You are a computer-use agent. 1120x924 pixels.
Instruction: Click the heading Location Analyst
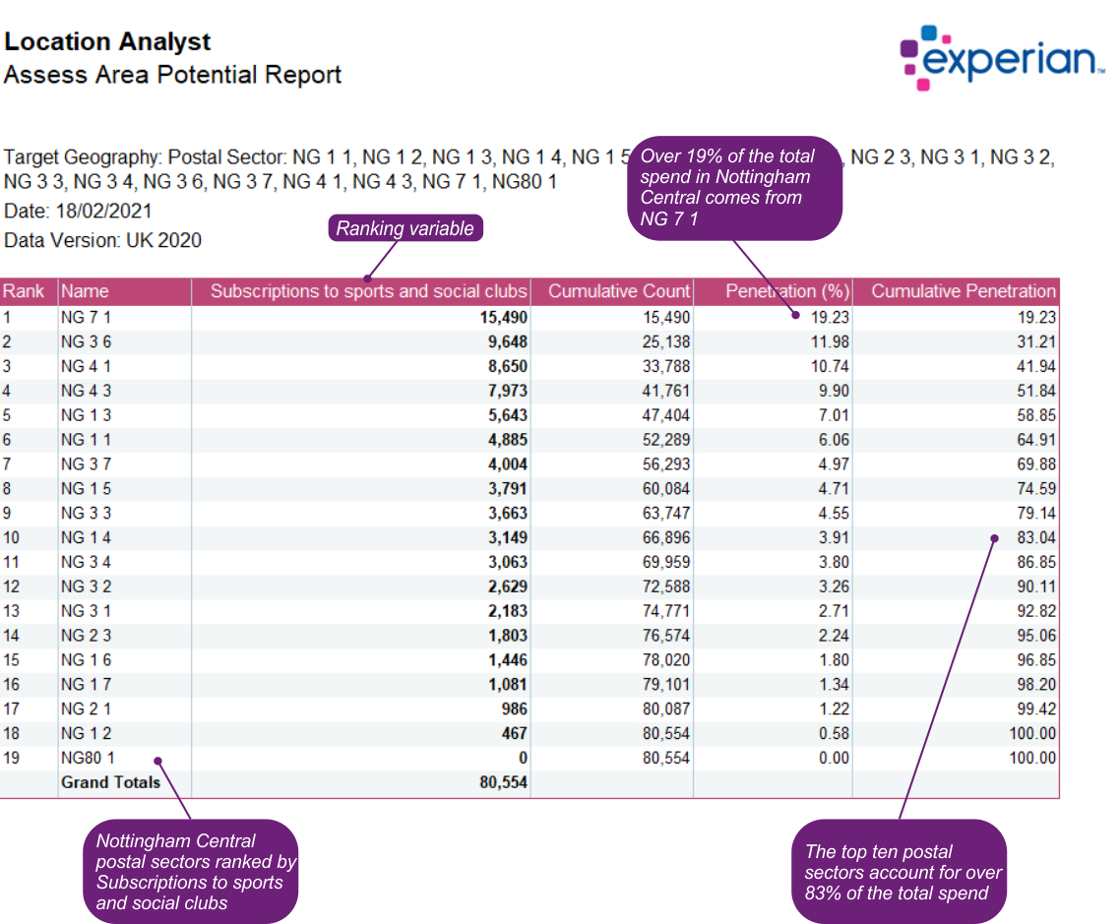click(107, 42)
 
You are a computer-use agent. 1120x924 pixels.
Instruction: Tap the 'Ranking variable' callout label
click(404, 228)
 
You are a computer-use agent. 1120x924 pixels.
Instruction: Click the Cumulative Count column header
click(619, 291)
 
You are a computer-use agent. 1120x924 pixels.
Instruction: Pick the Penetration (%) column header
click(786, 291)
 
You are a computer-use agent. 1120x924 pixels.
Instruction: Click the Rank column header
click(24, 291)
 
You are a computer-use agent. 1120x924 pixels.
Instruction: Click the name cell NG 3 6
click(86, 341)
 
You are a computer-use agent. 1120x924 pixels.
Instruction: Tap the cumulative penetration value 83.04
click(1034, 537)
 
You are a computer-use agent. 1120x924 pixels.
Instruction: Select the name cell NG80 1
click(89, 758)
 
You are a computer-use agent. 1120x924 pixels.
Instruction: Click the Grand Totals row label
click(110, 782)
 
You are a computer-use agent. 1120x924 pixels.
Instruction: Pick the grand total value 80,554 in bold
click(503, 782)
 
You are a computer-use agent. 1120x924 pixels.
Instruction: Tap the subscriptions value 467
click(512, 733)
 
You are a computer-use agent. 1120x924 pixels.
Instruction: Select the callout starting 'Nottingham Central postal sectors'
click(191, 871)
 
